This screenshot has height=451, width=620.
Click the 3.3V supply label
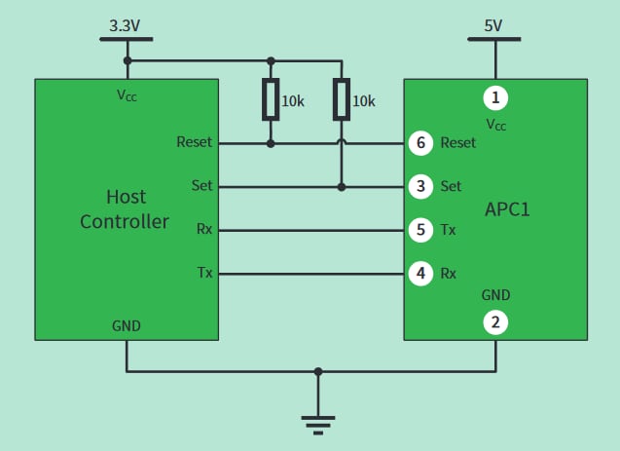tap(126, 24)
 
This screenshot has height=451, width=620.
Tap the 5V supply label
tap(493, 24)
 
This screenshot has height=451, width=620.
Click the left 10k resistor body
tap(271, 99)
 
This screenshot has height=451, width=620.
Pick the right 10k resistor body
tap(341, 99)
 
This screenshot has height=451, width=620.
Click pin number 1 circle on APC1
tap(495, 97)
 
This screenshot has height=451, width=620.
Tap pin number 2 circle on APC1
tap(495, 322)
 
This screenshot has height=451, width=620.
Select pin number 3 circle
tap(419, 186)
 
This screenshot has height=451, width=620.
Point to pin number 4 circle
tap(419, 274)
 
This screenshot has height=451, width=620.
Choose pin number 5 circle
tap(419, 230)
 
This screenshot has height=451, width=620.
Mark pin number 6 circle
tap(419, 143)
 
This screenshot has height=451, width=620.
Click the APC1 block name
tap(507, 209)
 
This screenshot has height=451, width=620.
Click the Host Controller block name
tap(125, 209)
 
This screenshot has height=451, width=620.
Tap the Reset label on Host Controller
tap(194, 142)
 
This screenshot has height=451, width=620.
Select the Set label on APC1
tap(451, 186)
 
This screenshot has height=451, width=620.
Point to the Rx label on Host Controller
tap(204, 230)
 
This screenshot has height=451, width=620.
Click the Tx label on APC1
tap(448, 230)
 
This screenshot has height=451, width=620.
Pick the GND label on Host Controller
tap(126, 326)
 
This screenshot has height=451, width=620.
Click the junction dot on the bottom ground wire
tap(317, 371)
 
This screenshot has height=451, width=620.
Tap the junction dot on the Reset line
tap(271, 143)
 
